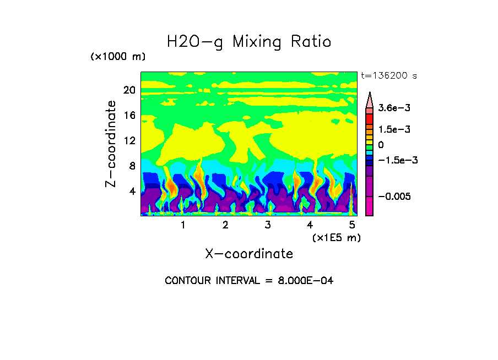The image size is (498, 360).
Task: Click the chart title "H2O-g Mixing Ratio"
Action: tap(249, 42)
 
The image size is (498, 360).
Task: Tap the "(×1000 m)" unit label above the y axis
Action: tap(118, 57)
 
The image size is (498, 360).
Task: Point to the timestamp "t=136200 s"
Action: tap(388, 76)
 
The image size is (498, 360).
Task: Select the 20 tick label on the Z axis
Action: tap(129, 90)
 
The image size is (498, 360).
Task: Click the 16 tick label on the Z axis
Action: tap(129, 116)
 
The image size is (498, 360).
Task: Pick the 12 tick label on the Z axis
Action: tap(129, 141)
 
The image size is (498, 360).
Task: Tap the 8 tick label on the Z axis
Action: tap(132, 166)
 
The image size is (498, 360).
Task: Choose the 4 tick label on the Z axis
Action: tap(132, 191)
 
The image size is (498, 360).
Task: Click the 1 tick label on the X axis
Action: tap(183, 225)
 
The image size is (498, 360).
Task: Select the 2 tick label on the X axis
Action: tap(225, 225)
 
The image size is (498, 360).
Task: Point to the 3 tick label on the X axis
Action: tap(268, 225)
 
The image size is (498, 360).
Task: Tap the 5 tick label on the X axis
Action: tap(353, 225)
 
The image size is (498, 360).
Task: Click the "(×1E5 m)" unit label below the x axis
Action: tap(336, 237)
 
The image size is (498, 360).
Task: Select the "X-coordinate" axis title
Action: tap(249, 254)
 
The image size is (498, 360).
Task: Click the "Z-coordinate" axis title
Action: tap(111, 144)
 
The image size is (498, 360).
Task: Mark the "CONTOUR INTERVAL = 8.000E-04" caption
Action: tap(249, 281)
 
